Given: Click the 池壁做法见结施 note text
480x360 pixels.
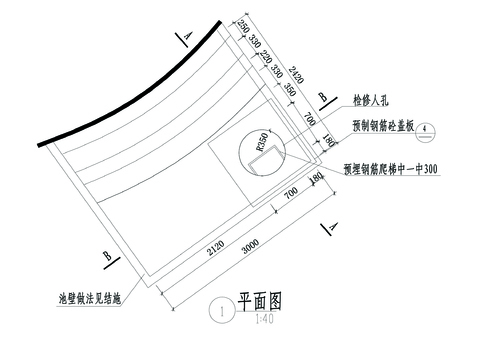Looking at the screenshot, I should (90, 298).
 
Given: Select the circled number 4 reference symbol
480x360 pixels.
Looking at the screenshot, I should (425, 129).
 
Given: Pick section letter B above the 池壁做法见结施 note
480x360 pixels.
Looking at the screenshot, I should (106, 256).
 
